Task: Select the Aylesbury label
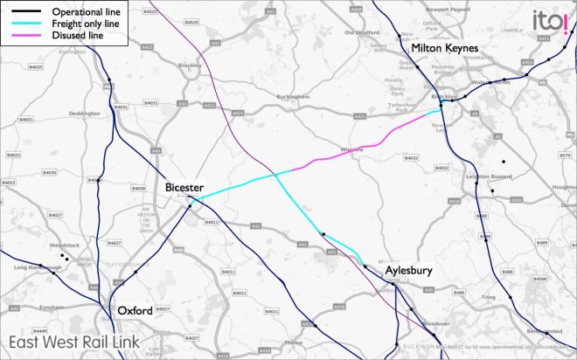[408, 272]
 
